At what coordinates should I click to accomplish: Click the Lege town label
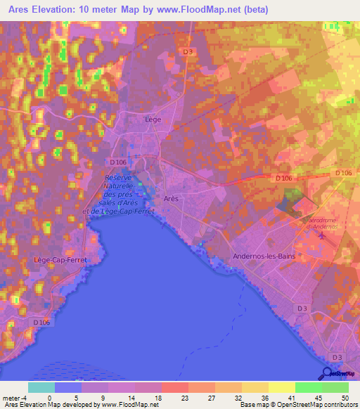(153, 119)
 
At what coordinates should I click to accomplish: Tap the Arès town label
(171, 199)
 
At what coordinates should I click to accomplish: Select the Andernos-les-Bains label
(264, 257)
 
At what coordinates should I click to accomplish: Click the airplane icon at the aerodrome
(322, 235)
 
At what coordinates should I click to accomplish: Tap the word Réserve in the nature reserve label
(118, 178)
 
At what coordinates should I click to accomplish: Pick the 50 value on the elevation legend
(344, 379)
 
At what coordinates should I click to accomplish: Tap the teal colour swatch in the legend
(41, 388)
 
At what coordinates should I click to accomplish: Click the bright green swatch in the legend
(308, 388)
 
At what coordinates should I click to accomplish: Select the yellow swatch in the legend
(282, 388)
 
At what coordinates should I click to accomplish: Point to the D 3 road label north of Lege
(187, 51)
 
